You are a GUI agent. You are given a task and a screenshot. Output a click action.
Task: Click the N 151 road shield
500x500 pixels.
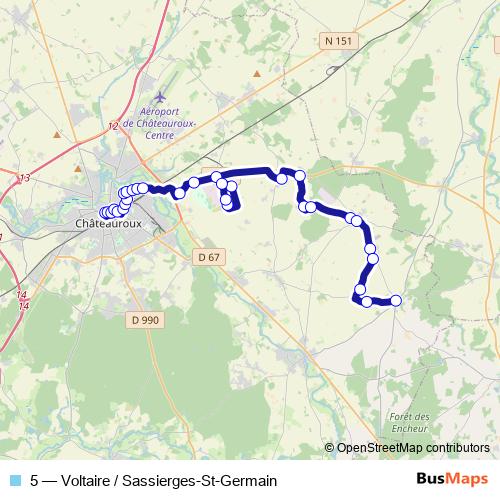[x=337, y=41]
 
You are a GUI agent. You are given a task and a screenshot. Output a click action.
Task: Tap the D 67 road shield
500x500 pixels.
[x=207, y=257]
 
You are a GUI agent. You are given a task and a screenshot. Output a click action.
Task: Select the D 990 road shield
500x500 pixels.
[x=145, y=320]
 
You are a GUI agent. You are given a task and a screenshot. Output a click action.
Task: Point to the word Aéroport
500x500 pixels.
[x=166, y=112]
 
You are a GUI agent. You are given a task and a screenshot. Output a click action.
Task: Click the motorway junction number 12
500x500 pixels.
[x=112, y=126]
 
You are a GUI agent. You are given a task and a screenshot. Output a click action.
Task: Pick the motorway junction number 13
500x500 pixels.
[x=25, y=178]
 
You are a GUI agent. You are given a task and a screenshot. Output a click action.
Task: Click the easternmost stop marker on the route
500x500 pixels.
[x=395, y=300]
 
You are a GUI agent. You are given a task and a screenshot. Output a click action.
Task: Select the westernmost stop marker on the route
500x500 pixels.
[x=103, y=212]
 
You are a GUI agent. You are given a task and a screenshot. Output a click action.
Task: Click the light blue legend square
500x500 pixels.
[x=13, y=480]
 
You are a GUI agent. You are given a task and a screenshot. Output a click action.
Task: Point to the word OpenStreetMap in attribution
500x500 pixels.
[x=380, y=447]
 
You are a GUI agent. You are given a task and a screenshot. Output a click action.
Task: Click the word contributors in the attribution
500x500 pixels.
[x=457, y=447]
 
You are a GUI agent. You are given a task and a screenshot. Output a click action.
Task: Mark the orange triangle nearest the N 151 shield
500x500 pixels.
[x=257, y=72]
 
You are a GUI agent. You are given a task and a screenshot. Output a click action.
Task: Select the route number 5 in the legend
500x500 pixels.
[x=36, y=480]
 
